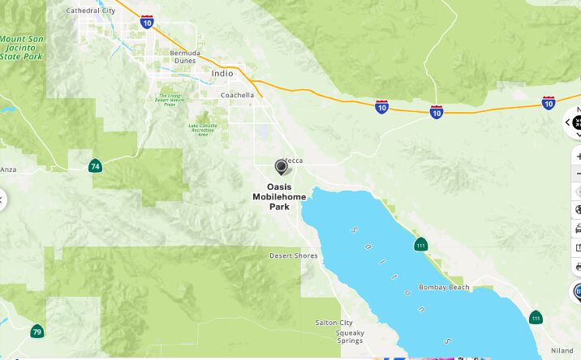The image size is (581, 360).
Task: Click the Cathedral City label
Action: pyautogui.click(x=90, y=11)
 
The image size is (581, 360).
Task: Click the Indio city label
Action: pyautogui.click(x=222, y=74)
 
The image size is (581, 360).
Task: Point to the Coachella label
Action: pyautogui.click(x=237, y=95)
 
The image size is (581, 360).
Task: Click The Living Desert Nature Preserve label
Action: pyautogui.click(x=170, y=100)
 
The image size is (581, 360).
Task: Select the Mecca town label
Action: pyautogui.click(x=293, y=161)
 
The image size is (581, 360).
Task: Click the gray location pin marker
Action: pyautogui.click(x=282, y=166)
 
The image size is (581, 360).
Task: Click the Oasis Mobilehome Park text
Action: pyautogui.click(x=279, y=196)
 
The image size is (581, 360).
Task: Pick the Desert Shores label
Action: pyautogui.click(x=294, y=255)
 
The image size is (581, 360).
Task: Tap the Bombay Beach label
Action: pyautogui.click(x=444, y=288)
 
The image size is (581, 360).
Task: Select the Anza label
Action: pyautogui.click(x=8, y=169)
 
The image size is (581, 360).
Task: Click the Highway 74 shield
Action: pyautogui.click(x=95, y=166)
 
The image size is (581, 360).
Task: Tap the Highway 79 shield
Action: pyautogui.click(x=37, y=332)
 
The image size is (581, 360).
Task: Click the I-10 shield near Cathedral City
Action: pyautogui.click(x=147, y=22)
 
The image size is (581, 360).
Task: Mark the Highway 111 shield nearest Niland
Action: pyautogui.click(x=536, y=316)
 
